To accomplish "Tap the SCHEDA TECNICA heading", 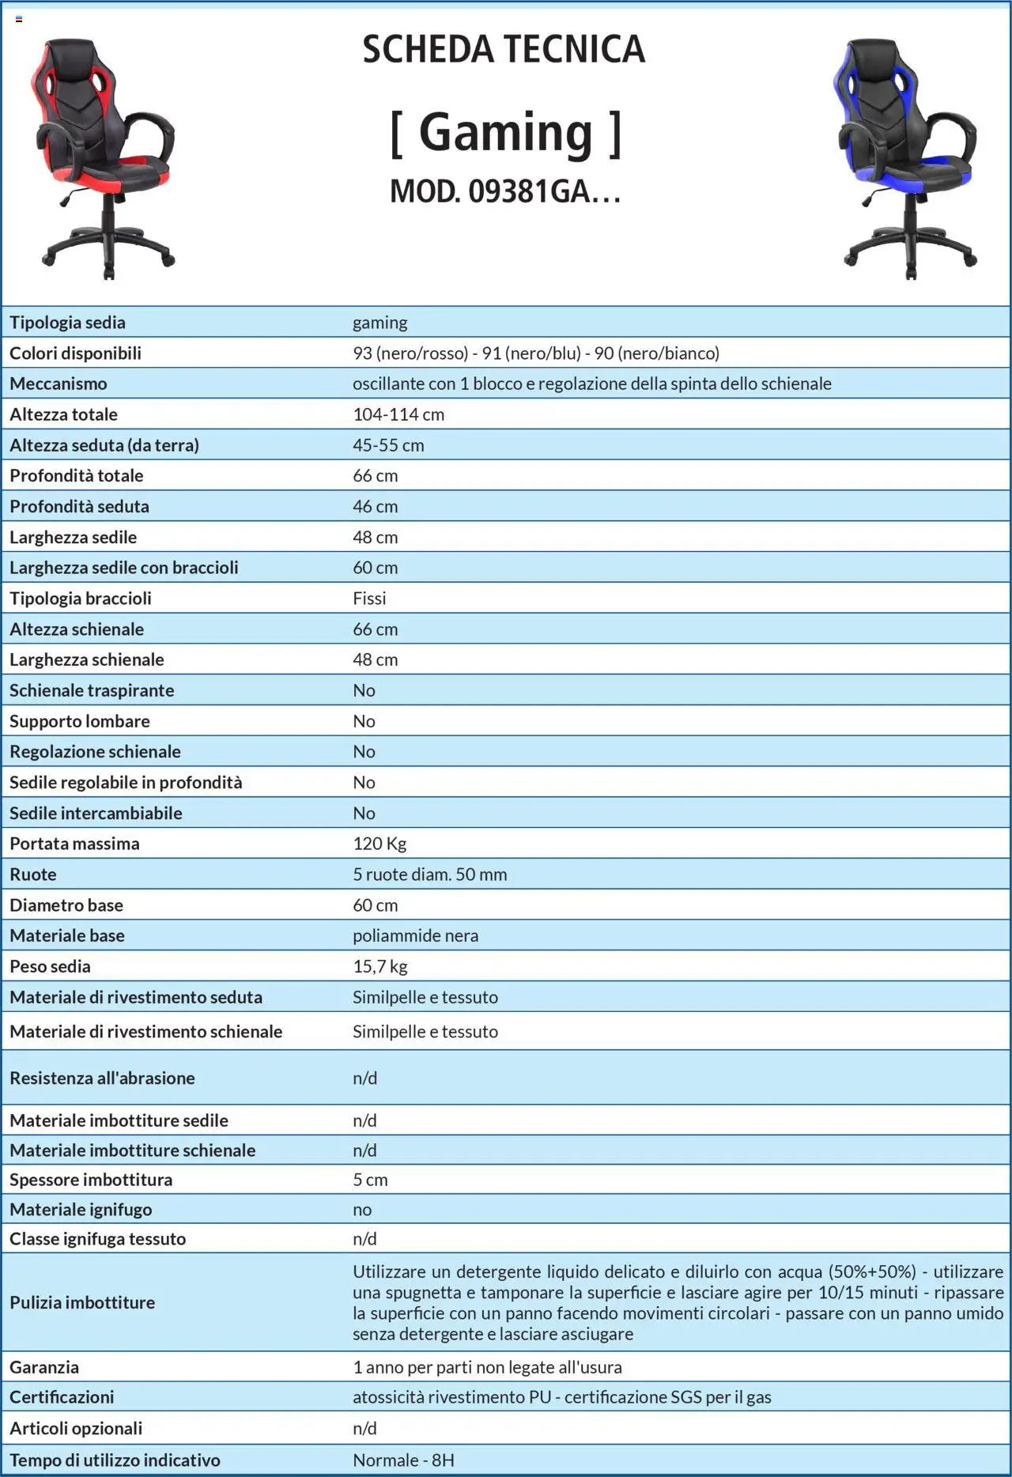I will (504, 49).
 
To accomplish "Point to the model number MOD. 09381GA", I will (504, 191).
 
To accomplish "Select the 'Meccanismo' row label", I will (59, 383).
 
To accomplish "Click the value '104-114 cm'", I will (398, 414).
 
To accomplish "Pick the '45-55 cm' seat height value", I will (388, 445).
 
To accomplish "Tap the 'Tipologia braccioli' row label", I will (81, 599).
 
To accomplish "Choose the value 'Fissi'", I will (369, 599).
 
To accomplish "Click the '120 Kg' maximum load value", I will (379, 844).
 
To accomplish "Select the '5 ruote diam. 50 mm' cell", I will (430, 874).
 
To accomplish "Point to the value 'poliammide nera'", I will (415, 935).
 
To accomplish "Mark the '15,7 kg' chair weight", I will (380, 966).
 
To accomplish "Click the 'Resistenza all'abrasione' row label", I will (102, 1078).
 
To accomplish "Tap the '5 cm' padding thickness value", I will (370, 1180).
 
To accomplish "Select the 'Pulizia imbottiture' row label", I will (82, 1302).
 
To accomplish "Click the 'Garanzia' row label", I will (44, 1367).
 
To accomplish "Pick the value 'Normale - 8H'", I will (403, 1460).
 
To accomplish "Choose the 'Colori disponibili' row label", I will (75, 353).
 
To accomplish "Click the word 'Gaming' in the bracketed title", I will (505, 132).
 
